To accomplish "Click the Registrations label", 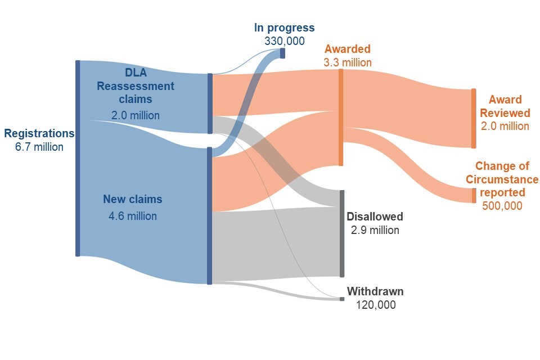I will click(39, 134).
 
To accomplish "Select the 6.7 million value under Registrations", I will click(39, 147).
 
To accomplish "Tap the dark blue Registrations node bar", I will click(78, 158).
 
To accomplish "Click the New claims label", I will click(132, 199).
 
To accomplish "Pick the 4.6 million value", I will click(133, 216).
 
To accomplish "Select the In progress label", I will click(284, 28).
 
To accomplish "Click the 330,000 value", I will click(284, 41).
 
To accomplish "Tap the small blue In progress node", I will click(282, 53).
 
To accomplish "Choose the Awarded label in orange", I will click(347, 49).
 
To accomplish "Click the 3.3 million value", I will click(347, 62).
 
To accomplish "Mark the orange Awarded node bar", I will click(340, 118).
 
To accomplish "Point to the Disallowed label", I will click(375, 217).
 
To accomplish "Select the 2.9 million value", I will click(375, 230).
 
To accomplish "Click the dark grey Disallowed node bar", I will click(341, 233).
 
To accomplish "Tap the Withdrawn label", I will click(375, 292).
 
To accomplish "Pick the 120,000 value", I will click(375, 305).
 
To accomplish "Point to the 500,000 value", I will click(502, 206).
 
